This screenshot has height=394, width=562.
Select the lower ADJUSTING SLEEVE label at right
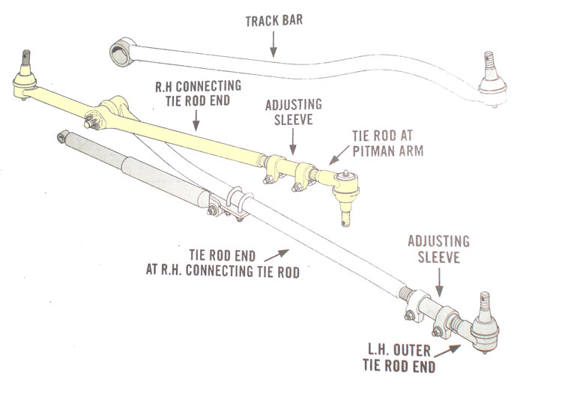click(x=439, y=248)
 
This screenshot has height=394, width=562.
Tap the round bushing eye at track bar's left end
click(x=119, y=53)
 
